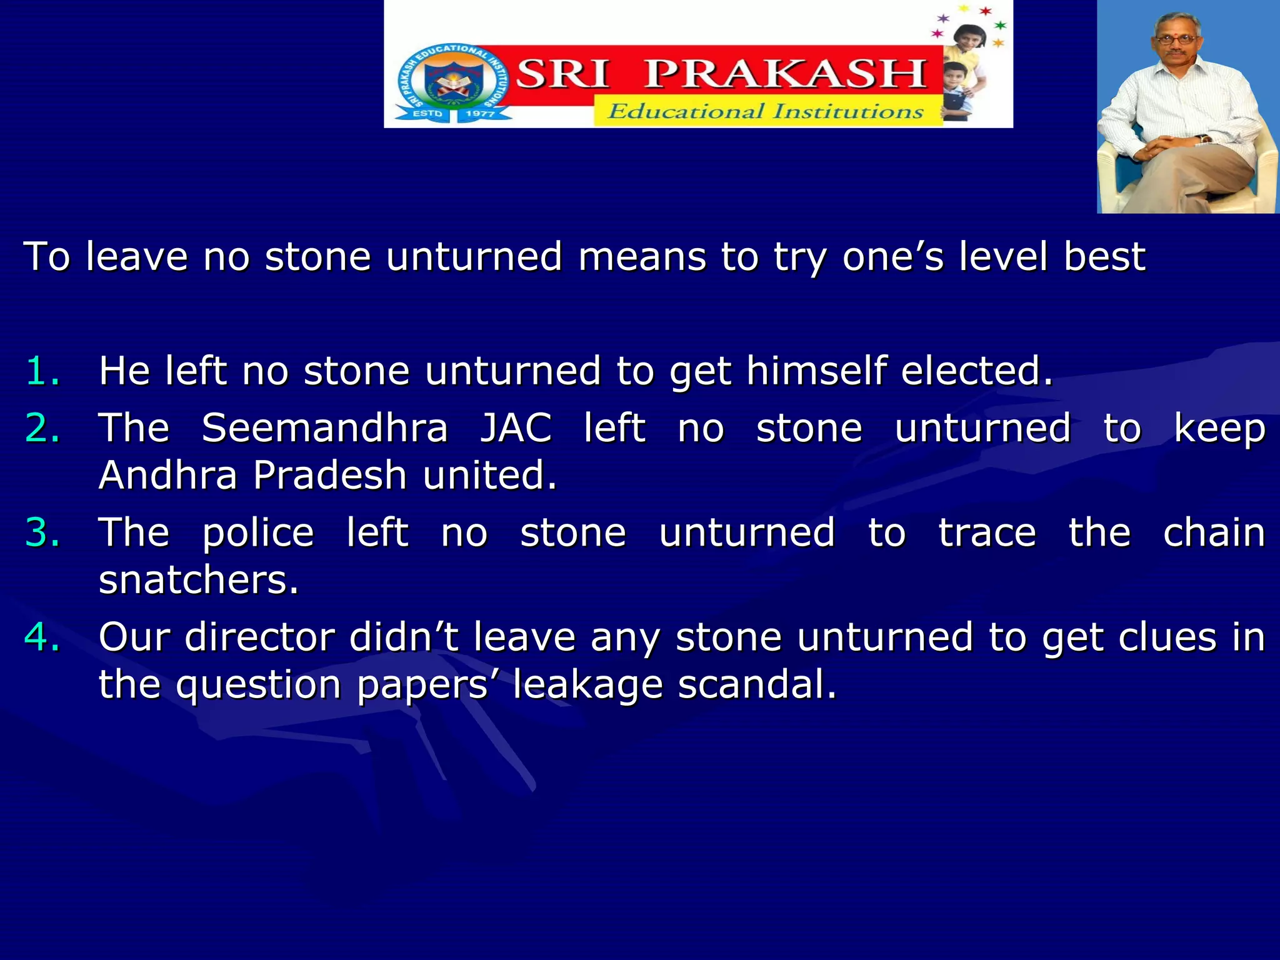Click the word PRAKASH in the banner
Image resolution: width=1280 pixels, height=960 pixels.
[785, 74]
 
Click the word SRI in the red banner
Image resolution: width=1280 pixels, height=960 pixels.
[562, 74]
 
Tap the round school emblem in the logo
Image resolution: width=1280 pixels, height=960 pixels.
[452, 84]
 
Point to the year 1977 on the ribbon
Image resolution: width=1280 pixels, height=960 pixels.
[480, 114]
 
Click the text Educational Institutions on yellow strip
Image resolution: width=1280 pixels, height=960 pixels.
[766, 112]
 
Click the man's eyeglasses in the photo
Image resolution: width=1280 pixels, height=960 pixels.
[1176, 40]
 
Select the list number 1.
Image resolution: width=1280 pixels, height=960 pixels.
[42, 371]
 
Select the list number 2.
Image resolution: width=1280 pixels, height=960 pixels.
[42, 428]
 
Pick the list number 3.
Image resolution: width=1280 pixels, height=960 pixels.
[42, 532]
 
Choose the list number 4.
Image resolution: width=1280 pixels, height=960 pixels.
[42, 637]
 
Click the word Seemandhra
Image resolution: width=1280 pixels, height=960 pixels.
[325, 428]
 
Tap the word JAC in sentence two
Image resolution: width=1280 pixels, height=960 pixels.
[516, 428]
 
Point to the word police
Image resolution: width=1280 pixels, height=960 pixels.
[258, 534]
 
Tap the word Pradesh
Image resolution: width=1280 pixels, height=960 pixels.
[330, 475]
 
